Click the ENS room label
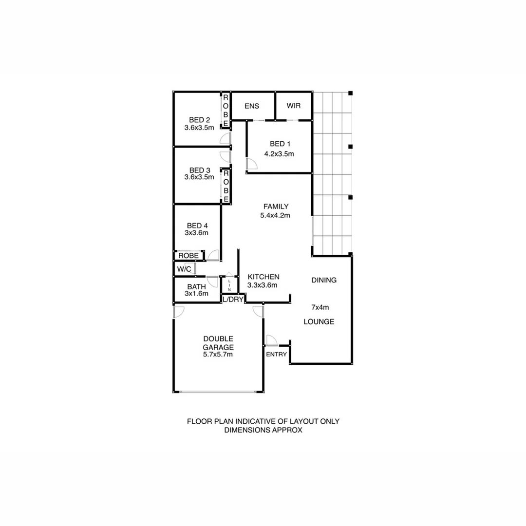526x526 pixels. click(252, 106)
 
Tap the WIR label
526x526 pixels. click(294, 106)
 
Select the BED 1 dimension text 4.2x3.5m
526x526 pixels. click(280, 154)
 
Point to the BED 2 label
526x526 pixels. click(199, 120)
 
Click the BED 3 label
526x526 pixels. click(199, 170)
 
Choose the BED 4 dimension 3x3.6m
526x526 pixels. click(197, 233)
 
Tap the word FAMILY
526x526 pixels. click(276, 206)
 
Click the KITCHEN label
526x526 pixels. click(263, 276)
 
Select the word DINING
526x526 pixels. click(324, 280)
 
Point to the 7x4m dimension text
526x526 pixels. click(320, 307)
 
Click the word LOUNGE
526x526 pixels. click(319, 322)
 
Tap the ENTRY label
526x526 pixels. click(276, 354)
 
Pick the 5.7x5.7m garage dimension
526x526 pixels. click(218, 355)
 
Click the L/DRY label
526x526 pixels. click(233, 300)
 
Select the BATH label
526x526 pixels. click(196, 286)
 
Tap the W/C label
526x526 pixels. click(184, 269)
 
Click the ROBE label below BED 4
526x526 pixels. click(188, 255)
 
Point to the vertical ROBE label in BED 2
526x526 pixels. click(225, 111)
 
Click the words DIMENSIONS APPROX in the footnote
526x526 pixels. click(263, 430)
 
